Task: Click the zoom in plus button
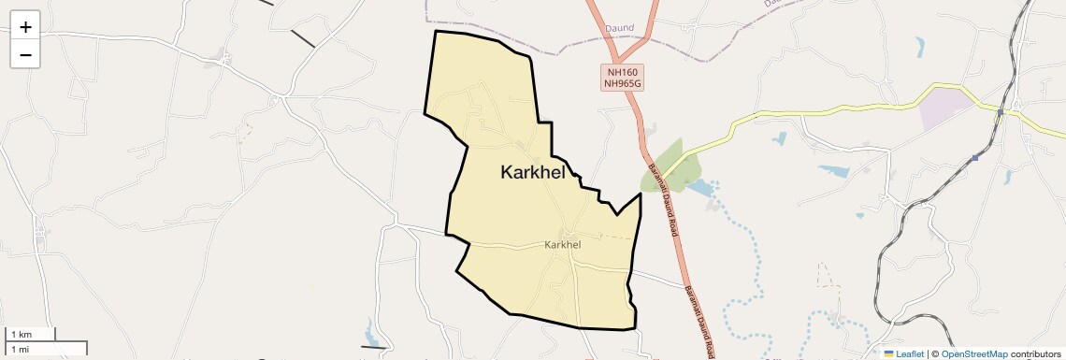25,27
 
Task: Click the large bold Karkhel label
532,172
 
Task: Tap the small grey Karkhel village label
562,245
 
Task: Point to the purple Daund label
619,29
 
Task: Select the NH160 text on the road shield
622,71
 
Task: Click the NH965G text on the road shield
622,83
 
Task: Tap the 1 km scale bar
32,334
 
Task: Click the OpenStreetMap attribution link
973,353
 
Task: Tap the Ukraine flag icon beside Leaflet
889,353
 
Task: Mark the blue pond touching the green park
699,187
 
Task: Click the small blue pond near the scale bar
372,331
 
